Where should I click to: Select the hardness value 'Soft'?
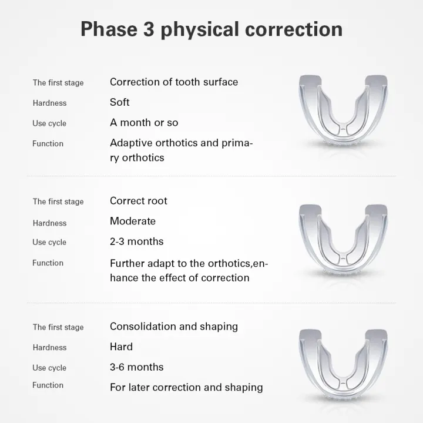[119, 102]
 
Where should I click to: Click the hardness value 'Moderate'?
[133, 221]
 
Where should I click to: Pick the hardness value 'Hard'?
[121, 347]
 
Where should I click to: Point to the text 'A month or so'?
[144, 123]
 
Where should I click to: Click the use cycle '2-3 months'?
[137, 241]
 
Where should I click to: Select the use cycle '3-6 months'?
[137, 367]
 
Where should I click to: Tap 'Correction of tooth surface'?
[174, 82]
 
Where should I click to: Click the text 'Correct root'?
[139, 201]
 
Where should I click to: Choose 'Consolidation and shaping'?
[174, 326]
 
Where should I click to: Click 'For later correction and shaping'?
[186, 388]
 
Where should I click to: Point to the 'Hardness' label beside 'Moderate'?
[49, 223]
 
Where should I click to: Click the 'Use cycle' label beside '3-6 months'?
[49, 368]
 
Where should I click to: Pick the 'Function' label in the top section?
[48, 143]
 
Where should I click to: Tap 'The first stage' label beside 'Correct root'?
[58, 202]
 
